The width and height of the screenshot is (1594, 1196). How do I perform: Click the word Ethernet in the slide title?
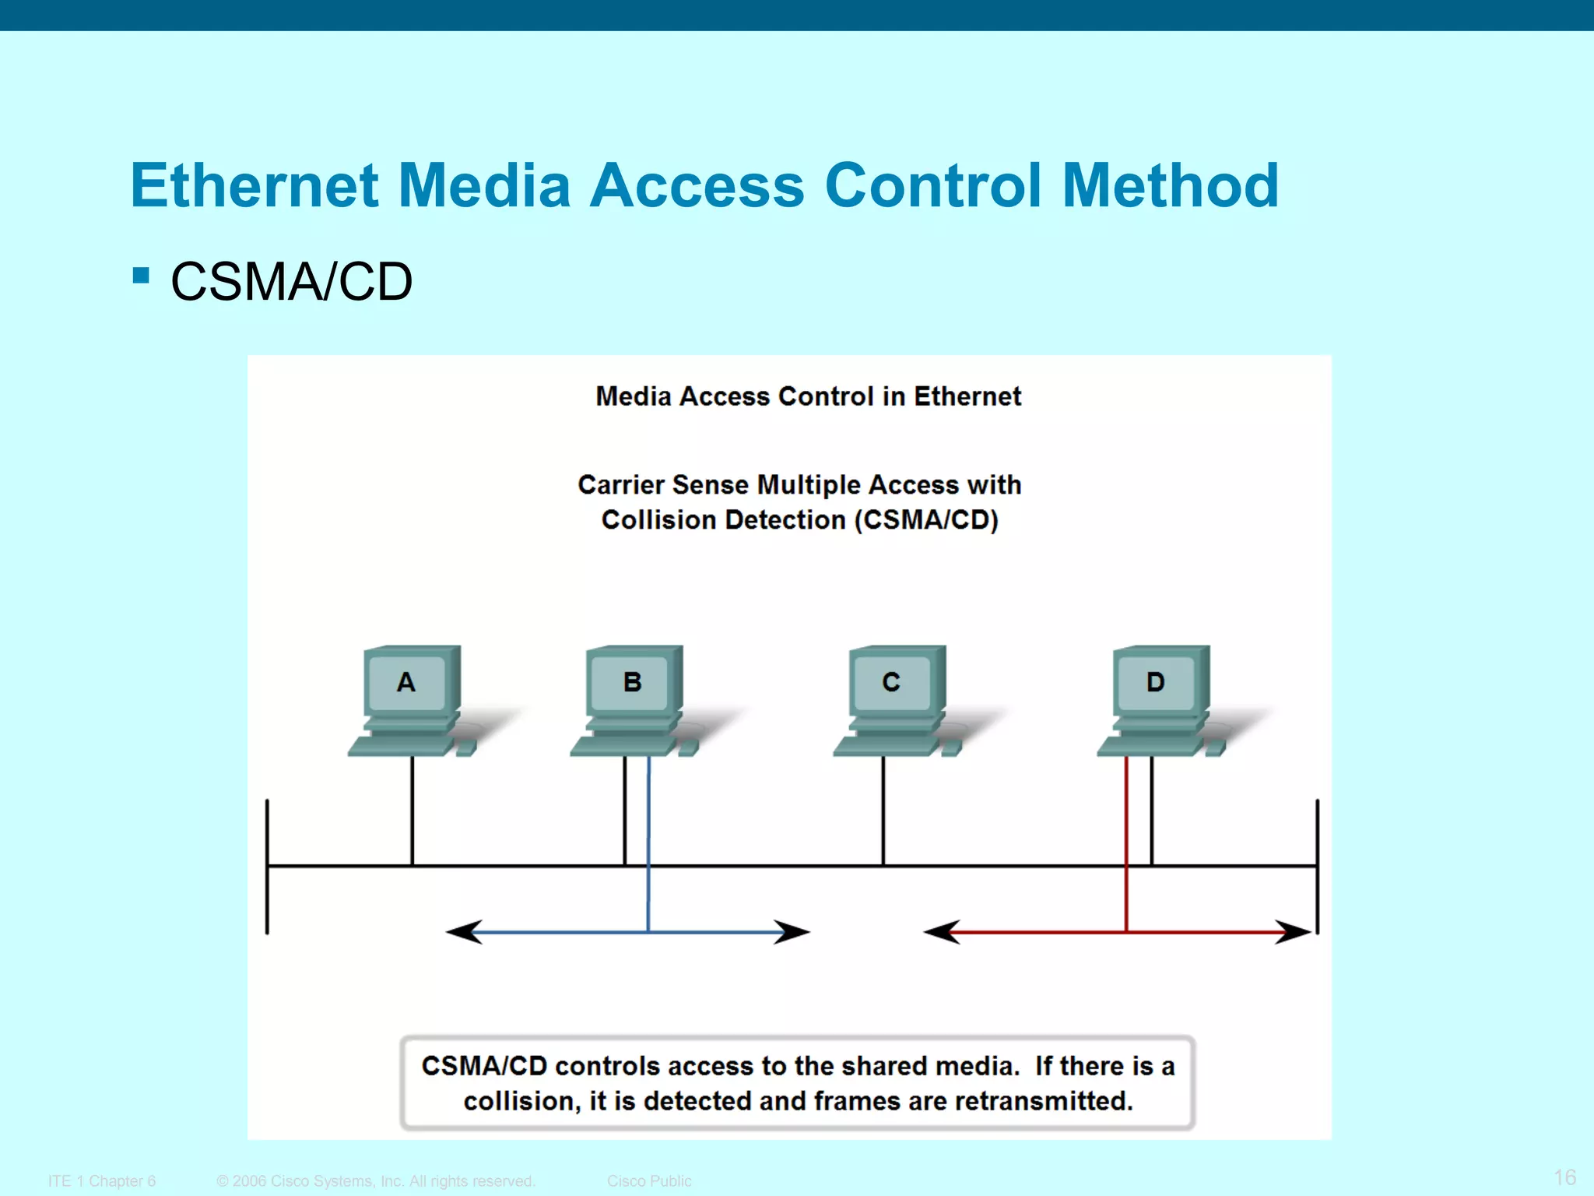coord(255,186)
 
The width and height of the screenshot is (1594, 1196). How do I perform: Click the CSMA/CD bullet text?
coord(291,282)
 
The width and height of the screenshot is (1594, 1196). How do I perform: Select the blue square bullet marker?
coord(141,275)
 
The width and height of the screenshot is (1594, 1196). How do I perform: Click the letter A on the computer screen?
coord(406,683)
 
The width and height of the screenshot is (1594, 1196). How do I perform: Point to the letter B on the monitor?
coord(632,683)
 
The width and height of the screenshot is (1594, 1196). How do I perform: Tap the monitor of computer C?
coord(891,683)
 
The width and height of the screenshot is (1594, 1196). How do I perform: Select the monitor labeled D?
coord(1155,683)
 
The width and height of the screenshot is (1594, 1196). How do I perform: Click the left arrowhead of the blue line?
coord(465,932)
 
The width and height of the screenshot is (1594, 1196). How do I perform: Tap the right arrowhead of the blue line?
coord(791,932)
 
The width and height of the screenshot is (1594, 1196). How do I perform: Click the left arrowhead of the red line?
coord(943,932)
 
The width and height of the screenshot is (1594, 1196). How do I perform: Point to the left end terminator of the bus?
coord(267,866)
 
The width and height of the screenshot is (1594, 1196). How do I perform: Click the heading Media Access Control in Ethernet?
coord(808,396)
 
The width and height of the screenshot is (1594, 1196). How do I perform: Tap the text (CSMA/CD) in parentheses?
coord(926,520)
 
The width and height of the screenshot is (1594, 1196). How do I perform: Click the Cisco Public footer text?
coord(649,1181)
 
